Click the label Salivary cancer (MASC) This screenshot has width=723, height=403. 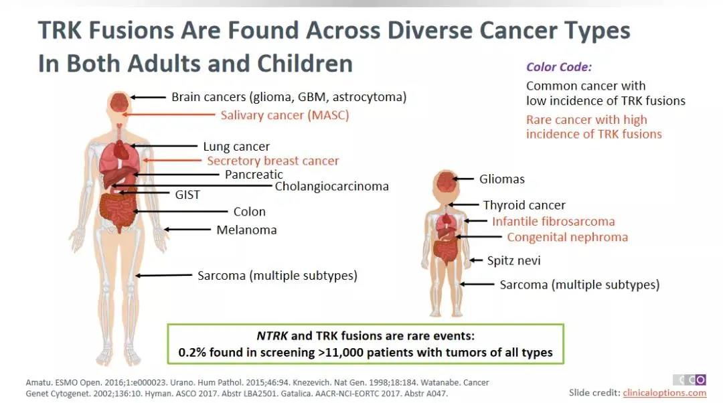(x=285, y=115)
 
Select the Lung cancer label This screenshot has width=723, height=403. (x=236, y=147)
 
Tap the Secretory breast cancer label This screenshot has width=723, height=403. (x=273, y=161)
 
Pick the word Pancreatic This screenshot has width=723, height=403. (x=254, y=174)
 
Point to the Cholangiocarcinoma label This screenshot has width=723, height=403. (x=331, y=186)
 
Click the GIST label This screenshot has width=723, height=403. (x=187, y=195)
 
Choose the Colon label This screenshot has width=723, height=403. (x=250, y=212)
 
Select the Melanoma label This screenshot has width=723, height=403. (x=246, y=230)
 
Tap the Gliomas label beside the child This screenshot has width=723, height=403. (x=501, y=179)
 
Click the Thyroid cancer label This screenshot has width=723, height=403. (x=524, y=206)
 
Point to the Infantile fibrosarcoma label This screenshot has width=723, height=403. (x=554, y=222)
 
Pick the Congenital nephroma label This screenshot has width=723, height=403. (x=567, y=238)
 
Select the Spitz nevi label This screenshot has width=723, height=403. (x=513, y=260)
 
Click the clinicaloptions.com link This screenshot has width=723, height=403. (x=665, y=393)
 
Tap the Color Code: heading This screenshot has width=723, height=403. (x=559, y=68)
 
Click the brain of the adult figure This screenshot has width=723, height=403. (x=119, y=102)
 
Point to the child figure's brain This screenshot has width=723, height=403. (x=446, y=181)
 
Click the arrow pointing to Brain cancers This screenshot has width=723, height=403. (x=148, y=97)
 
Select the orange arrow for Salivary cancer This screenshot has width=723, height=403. (x=169, y=114)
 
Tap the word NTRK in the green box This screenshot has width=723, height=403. (x=272, y=335)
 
